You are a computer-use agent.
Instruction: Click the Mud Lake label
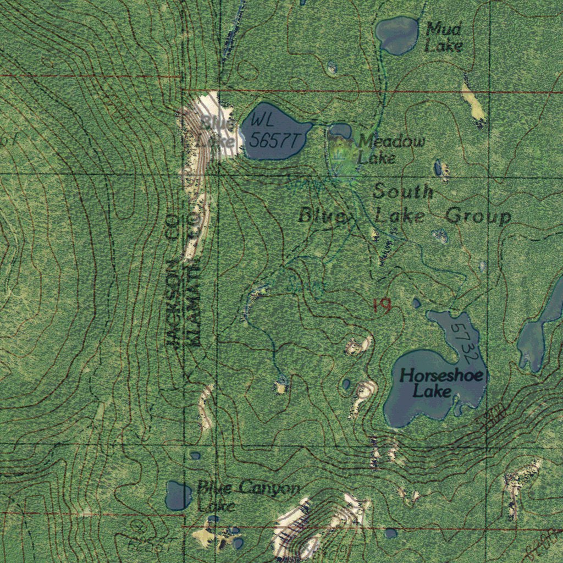click(443, 37)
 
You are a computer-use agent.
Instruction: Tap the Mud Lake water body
click(397, 35)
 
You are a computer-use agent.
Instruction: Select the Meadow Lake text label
click(390, 150)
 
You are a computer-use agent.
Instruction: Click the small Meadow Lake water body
click(341, 131)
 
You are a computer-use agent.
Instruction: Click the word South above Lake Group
click(403, 192)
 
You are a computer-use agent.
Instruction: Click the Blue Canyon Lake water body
click(178, 495)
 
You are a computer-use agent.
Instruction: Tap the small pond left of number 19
click(416, 303)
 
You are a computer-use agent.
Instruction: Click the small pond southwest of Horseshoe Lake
click(346, 384)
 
